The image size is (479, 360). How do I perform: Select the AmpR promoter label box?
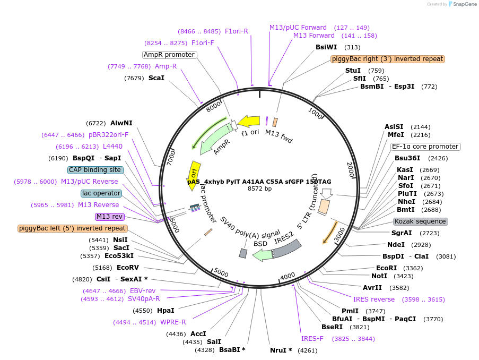169,55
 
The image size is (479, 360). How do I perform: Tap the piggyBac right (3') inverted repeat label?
388,59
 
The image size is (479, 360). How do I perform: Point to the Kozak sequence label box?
420,221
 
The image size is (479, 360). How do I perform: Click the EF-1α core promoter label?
425,147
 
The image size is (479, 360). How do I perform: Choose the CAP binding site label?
95,170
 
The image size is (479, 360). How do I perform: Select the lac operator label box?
101,193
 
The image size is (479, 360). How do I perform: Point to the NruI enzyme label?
281,350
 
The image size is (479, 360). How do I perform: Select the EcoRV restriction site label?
127,268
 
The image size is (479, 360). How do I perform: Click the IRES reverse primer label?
374,299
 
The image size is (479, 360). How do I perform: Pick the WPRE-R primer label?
173,322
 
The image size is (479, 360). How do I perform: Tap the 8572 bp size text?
259,188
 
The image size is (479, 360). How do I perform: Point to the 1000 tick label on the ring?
316,113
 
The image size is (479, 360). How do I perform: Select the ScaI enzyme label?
156,78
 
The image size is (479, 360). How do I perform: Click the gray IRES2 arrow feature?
286,248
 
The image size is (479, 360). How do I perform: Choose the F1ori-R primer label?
237,31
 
